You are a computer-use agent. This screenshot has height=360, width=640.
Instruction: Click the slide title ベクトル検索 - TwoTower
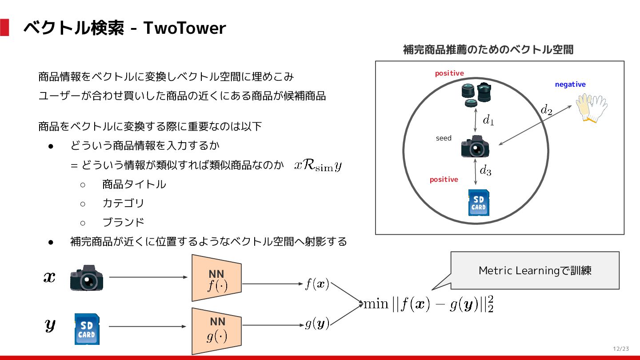pos(124,28)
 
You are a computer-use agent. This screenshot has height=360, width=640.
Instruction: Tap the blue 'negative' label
pos(570,84)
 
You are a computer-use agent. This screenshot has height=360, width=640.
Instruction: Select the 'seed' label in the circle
pos(444,138)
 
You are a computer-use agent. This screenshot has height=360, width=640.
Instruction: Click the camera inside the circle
pos(475,147)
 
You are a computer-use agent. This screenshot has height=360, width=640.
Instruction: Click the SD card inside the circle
pos(479,203)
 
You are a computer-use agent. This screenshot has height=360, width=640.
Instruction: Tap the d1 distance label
pos(488,120)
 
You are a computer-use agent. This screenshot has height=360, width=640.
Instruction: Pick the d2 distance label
pos(546,110)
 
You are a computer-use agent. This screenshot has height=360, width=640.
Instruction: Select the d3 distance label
pos(485,170)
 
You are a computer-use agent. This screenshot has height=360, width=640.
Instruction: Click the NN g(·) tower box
pos(217,331)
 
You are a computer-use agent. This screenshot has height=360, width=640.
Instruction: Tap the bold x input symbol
pos(49,277)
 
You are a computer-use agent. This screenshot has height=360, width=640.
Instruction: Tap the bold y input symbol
pos(50,325)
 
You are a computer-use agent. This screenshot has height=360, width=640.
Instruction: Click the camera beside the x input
pos(87,278)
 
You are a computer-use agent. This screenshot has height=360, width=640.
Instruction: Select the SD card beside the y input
pos(87,329)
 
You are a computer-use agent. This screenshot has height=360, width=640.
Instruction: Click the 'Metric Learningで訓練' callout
pos(535,270)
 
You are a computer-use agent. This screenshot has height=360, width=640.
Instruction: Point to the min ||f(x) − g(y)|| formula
pos(428,305)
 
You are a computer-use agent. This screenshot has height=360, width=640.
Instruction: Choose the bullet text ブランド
pos(123,222)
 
